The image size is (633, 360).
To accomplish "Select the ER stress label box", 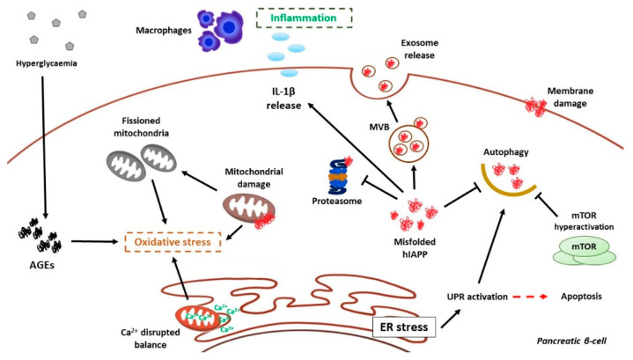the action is [404, 327].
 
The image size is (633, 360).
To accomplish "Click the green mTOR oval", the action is [584, 246].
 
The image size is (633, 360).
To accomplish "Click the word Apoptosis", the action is [581, 297].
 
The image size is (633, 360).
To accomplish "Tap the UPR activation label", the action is [477, 297].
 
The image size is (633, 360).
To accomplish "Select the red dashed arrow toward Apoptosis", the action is [530, 297].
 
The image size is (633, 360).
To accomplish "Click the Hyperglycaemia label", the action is [47, 63].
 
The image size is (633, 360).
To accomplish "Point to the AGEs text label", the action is [42, 265].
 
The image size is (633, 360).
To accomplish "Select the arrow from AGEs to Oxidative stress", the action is [98, 241].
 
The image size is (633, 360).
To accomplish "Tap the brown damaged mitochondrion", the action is [249, 209].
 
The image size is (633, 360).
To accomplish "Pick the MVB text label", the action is [379, 128].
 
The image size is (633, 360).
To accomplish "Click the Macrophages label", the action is [164, 30].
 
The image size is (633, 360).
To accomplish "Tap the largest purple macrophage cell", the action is [229, 26].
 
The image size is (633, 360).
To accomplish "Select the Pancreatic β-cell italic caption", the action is [571, 341].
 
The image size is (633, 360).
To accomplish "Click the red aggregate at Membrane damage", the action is [535, 107].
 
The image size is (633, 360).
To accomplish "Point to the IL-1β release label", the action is [283, 99].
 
